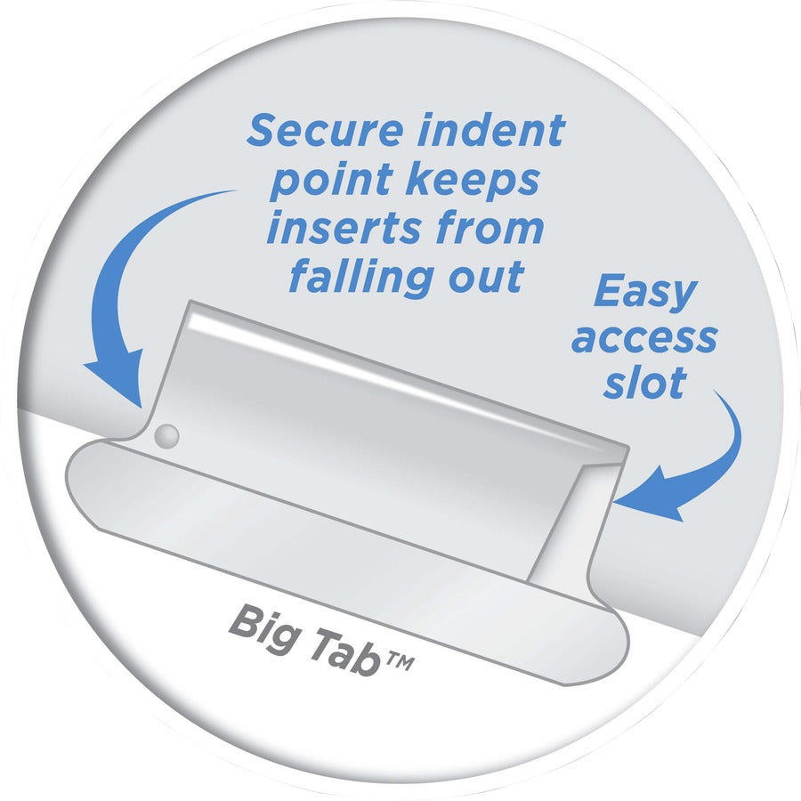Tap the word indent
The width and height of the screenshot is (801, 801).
(491, 130)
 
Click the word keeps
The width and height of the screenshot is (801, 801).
(473, 182)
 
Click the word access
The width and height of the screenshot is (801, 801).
(644, 339)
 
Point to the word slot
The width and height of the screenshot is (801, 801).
(644, 382)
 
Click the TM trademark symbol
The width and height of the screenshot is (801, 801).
(400, 662)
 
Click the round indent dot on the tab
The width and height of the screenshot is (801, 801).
(166, 436)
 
